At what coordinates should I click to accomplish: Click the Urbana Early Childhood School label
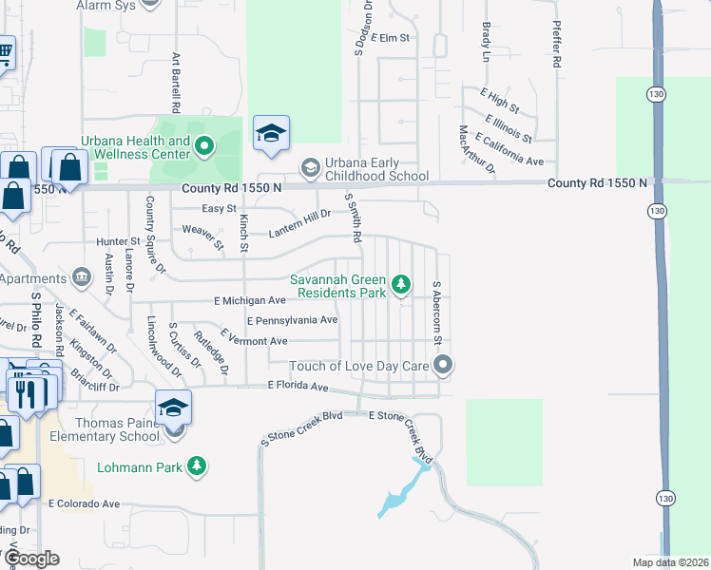(x=377, y=169)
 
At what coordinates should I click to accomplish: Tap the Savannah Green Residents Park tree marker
(x=401, y=283)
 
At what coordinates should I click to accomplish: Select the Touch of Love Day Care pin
(x=443, y=365)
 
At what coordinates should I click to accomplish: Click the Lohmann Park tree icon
(x=197, y=465)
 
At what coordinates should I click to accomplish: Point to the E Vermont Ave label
(x=253, y=340)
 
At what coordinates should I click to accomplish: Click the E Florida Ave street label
(x=298, y=386)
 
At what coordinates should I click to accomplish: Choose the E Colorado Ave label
(x=85, y=503)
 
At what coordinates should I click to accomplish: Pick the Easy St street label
(x=220, y=208)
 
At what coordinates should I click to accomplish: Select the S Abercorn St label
(x=437, y=313)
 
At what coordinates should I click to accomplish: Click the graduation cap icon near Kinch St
(x=271, y=134)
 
